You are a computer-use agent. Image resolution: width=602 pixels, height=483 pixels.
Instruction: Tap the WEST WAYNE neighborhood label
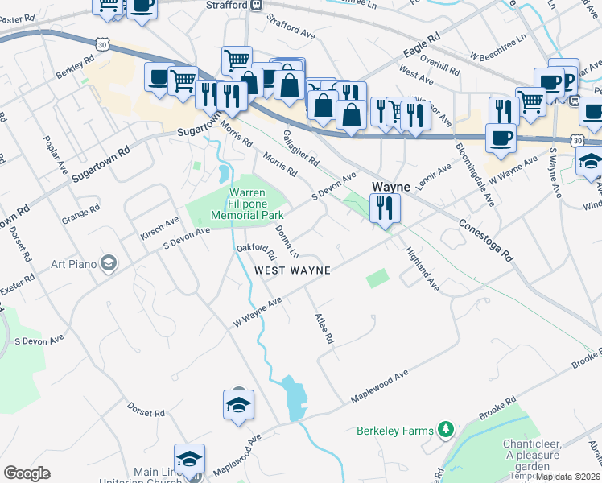coord(292,270)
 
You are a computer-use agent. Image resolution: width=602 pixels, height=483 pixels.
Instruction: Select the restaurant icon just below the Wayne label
coord(385,210)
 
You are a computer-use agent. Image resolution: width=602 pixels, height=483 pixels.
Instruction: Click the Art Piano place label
coord(75,263)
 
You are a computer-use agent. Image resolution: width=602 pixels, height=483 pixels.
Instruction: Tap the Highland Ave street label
coord(423,268)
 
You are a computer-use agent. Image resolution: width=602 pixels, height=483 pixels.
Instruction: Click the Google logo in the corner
coord(27,473)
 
